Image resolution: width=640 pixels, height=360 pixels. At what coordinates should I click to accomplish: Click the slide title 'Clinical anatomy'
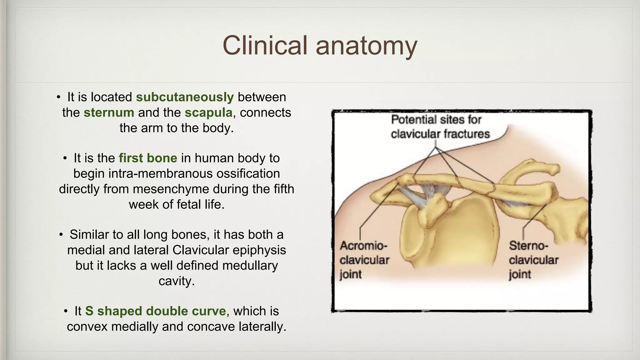[320, 46]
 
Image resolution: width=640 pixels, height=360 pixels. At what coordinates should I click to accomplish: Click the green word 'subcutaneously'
[185, 97]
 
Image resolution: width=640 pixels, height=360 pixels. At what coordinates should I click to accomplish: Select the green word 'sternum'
[109, 112]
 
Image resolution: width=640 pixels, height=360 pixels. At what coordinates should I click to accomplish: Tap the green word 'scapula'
[208, 112]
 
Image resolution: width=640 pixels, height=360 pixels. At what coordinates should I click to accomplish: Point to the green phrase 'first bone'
[148, 158]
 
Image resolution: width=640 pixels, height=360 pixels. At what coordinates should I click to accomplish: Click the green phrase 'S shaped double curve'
[155, 311]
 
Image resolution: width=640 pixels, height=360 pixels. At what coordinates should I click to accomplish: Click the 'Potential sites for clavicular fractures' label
[440, 127]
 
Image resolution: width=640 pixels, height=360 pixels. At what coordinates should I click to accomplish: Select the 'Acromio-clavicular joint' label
[364, 260]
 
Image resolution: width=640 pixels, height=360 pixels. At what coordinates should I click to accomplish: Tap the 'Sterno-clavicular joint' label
[533, 260]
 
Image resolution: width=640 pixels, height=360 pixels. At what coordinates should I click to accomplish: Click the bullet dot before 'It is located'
[58, 97]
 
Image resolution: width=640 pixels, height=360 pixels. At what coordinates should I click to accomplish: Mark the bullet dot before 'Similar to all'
[61, 235]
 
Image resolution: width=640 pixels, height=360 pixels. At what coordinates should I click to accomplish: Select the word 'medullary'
[250, 266]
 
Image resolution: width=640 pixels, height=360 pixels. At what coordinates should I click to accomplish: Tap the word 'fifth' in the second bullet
[284, 189]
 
